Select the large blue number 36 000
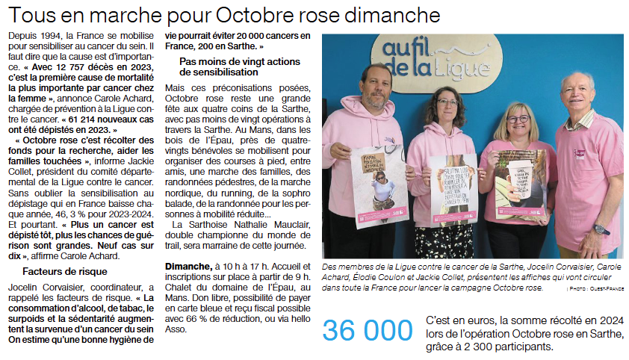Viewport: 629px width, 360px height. coord(367,330)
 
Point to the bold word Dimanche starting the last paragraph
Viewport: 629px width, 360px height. coord(188,266)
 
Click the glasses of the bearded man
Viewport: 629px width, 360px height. coord(378,79)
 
